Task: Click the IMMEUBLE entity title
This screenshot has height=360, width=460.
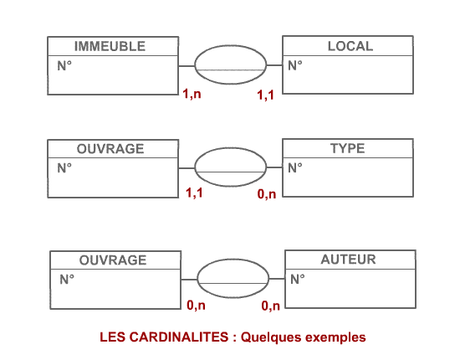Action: click(110, 46)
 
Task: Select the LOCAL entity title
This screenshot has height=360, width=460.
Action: click(350, 46)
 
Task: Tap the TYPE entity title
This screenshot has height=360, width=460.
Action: click(348, 148)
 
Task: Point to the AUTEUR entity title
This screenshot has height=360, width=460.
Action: click(348, 260)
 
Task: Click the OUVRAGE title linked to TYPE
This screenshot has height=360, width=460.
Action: click(110, 149)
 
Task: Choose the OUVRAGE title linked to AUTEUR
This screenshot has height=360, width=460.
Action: click(113, 260)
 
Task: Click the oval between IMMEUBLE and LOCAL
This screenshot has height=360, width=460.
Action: click(231, 45)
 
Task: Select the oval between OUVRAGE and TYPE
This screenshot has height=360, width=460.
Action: click(231, 148)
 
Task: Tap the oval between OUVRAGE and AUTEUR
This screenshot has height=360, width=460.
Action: click(233, 260)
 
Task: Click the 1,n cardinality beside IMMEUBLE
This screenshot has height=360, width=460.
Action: click(192, 94)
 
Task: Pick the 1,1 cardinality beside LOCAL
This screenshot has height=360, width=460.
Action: click(265, 95)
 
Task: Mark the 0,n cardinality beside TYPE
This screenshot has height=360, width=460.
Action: click(267, 194)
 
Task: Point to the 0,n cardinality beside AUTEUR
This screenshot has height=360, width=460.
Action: click(270, 306)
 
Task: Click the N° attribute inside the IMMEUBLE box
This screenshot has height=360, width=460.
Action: click(64, 66)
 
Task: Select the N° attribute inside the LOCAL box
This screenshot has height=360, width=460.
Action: click(295, 65)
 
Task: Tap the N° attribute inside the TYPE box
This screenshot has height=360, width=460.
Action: click(295, 168)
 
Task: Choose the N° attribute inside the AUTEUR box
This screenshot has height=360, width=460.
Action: click(298, 279)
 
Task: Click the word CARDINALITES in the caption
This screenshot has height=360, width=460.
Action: click(179, 337)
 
